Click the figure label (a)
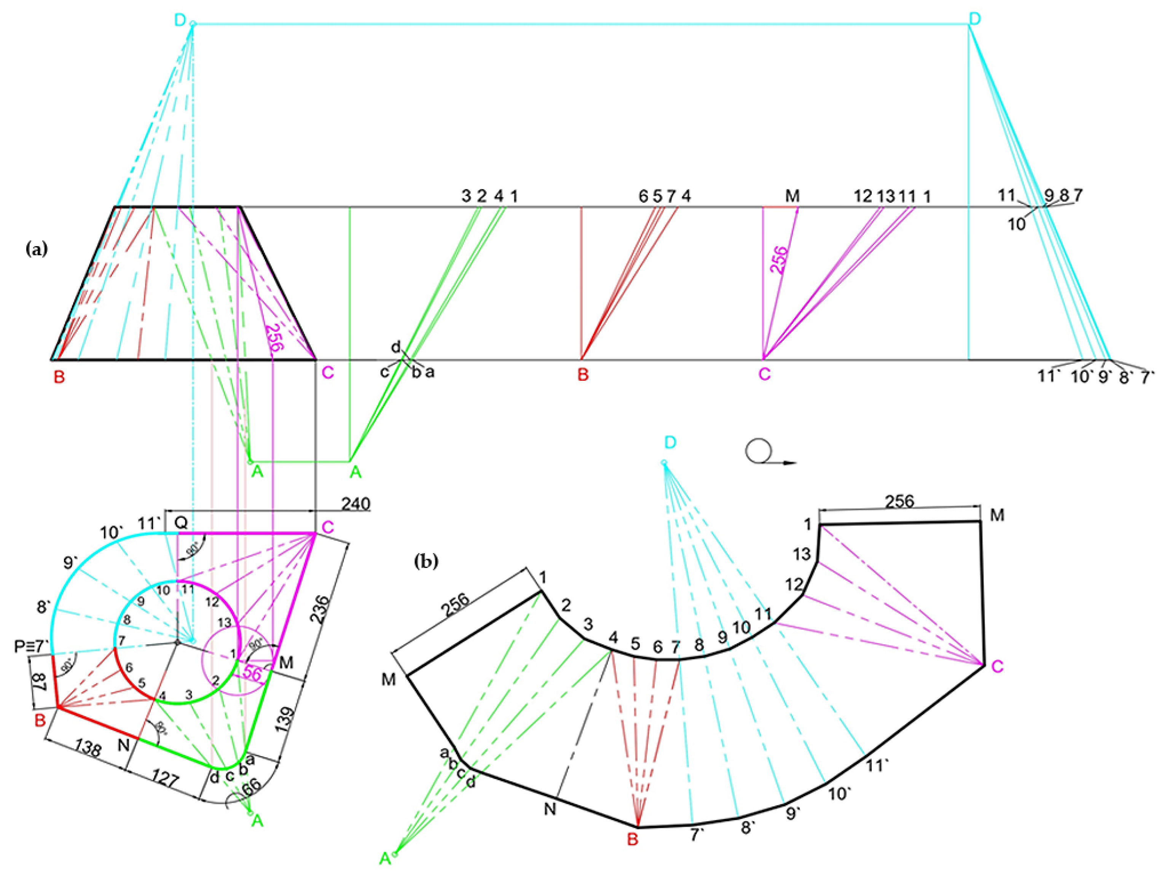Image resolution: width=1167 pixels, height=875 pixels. (x=37, y=249)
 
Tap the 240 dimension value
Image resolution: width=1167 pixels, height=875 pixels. (x=356, y=504)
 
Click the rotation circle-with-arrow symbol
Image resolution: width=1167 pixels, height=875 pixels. (x=759, y=452)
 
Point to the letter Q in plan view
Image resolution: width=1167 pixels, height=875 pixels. (x=181, y=523)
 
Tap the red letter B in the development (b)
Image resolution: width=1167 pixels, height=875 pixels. (x=633, y=838)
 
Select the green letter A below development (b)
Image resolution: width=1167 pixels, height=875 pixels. (x=385, y=859)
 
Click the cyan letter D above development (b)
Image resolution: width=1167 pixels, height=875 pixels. (x=670, y=442)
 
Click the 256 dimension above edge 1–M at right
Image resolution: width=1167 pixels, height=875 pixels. (x=899, y=501)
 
